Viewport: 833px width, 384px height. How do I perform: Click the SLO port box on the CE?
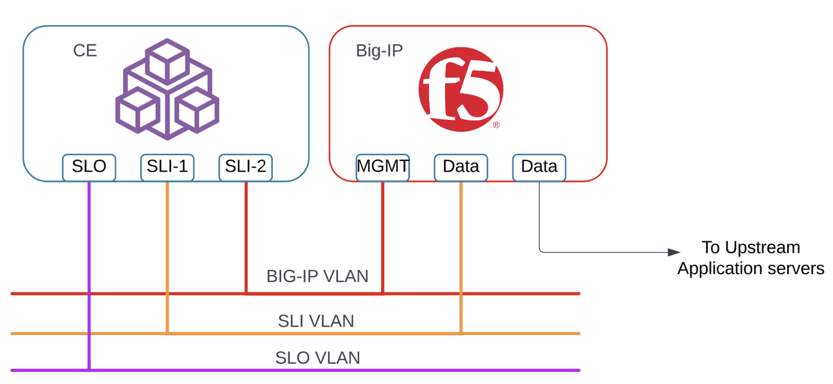pos(89,167)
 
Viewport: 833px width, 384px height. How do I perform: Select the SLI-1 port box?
pos(167,167)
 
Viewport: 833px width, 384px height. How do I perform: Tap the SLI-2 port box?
pos(245,167)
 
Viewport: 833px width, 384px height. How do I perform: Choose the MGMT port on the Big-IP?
pos(382,167)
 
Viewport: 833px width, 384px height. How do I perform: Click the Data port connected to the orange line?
pos(461,167)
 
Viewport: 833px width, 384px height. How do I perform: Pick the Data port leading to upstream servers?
pos(539,167)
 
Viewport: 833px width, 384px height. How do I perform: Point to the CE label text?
pos(85,51)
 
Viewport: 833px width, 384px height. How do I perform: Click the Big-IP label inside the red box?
pos(379,51)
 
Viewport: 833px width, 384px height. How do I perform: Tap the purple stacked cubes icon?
pos(167,89)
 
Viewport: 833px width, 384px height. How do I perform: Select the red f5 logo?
pos(460,89)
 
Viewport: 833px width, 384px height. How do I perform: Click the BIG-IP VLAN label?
pos(317,277)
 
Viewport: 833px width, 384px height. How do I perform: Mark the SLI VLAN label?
pos(316,321)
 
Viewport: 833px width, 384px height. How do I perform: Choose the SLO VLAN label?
pos(317,358)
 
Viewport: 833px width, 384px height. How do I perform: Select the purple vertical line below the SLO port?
pos(89,268)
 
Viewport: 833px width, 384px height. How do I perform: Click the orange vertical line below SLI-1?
pos(167,250)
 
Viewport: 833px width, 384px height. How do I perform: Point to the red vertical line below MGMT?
pos(382,239)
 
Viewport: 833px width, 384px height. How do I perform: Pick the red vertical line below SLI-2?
pos(246,239)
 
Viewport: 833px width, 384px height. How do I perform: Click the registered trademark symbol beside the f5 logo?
pos(496,125)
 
